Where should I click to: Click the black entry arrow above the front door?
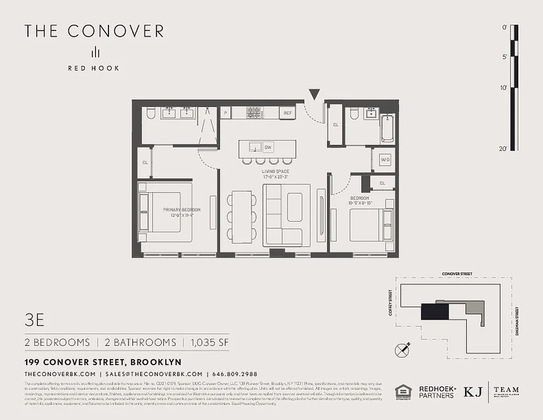point(314,94)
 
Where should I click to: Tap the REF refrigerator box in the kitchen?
point(287,113)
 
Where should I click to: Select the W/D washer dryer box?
point(385,160)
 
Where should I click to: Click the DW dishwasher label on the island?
point(268,148)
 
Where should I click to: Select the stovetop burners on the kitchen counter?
point(254,113)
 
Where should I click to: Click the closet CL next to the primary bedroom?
point(144,162)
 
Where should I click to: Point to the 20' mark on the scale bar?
point(503,149)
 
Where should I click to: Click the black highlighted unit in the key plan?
point(434,312)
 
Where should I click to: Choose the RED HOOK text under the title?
point(93,68)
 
